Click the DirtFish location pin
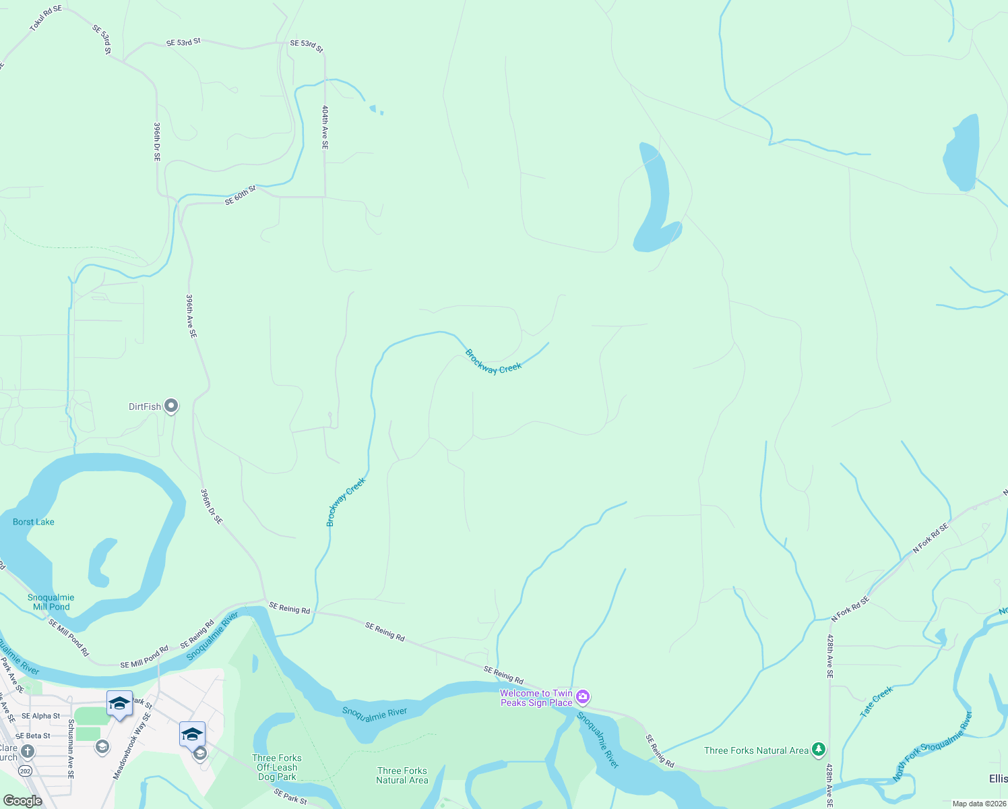pos(171,406)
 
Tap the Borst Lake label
pos(34,522)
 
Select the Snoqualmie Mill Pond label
pos(51,602)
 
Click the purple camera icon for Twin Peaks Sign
pos(583,697)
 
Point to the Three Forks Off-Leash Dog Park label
pos(277,767)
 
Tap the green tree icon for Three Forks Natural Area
pos(818,749)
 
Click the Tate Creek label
pos(876,701)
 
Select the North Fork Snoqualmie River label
pos(933,746)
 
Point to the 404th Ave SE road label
pos(325,127)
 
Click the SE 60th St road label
pos(241,196)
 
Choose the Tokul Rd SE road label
pos(45,19)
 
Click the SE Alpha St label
pos(41,716)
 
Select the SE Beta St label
pos(33,736)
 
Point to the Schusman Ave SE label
pos(71,748)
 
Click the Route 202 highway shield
pos(26,771)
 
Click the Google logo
pos(22,801)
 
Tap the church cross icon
pos(27,751)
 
